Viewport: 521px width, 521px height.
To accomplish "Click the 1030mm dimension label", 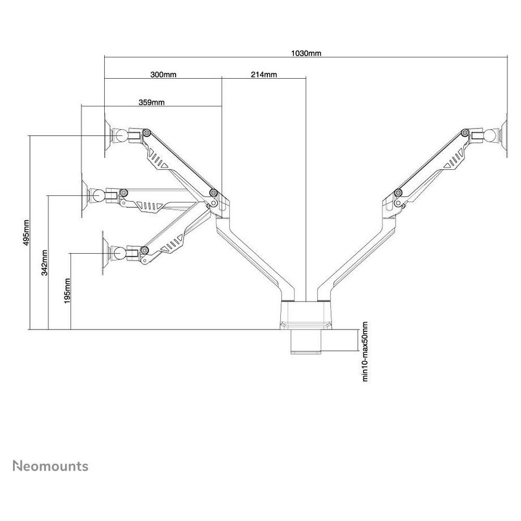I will [x=306, y=53].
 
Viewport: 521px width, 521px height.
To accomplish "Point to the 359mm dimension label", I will [x=151, y=103].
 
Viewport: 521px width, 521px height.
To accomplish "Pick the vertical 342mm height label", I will [x=45, y=263].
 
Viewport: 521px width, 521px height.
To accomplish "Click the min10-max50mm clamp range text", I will [x=365, y=351].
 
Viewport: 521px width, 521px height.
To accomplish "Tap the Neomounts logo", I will [x=50, y=466].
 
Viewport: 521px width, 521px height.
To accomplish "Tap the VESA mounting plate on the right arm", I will [x=501, y=136].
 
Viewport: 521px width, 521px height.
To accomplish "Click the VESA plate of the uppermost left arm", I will [x=106, y=136].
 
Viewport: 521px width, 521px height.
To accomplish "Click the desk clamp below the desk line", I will [x=306, y=341].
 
